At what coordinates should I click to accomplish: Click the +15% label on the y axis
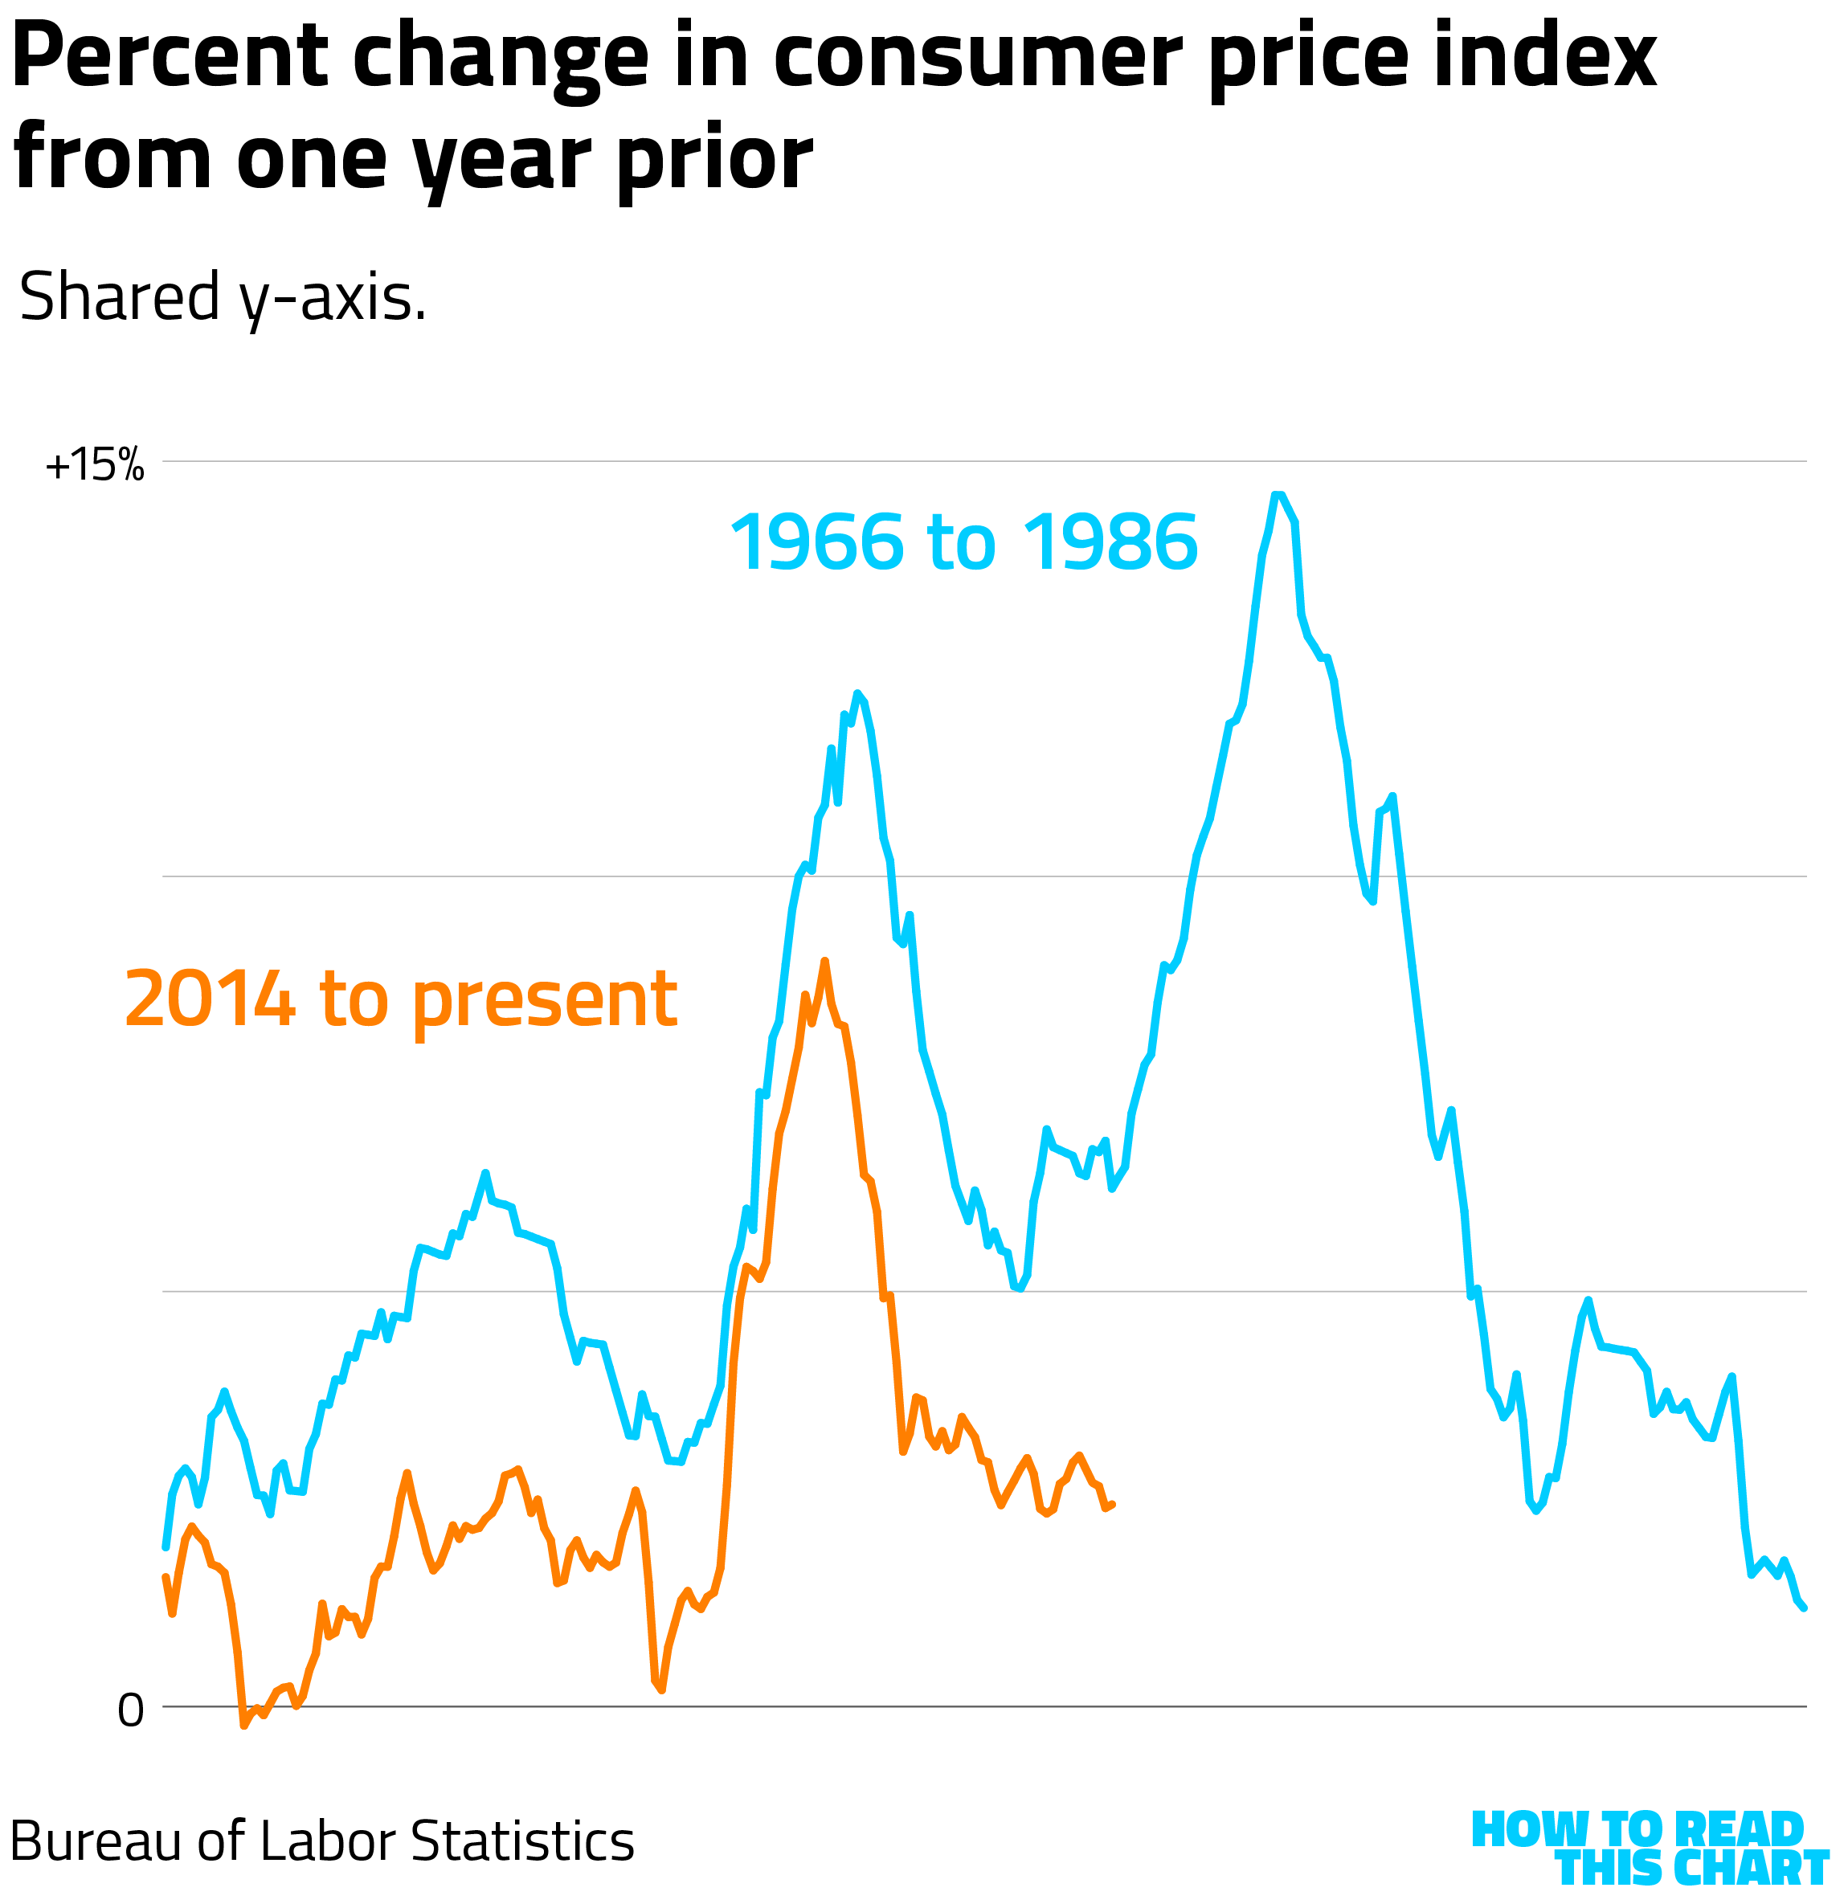(x=94, y=465)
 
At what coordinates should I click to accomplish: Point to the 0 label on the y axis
(x=130, y=1710)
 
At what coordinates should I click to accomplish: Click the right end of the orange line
(x=1113, y=1505)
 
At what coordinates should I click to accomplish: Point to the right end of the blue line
(x=1803, y=1608)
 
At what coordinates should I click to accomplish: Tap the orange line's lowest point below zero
(x=243, y=1726)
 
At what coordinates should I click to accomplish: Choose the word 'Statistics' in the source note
(x=523, y=1841)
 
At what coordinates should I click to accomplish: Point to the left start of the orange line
(x=166, y=1577)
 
